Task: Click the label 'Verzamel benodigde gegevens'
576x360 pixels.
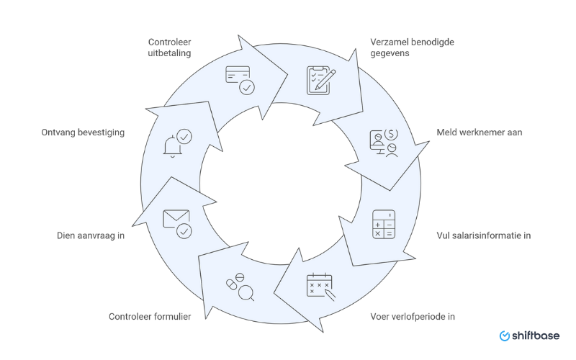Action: click(412, 48)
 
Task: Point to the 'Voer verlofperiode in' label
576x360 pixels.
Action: click(413, 316)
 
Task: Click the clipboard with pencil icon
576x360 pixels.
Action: click(319, 80)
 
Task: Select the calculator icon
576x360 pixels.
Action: click(383, 224)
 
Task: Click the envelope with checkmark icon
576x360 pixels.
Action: click(177, 222)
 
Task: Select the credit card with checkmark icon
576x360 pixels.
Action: click(239, 80)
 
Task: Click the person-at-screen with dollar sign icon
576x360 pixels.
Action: click(384, 143)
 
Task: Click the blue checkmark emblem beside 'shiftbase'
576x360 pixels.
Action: click(505, 336)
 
